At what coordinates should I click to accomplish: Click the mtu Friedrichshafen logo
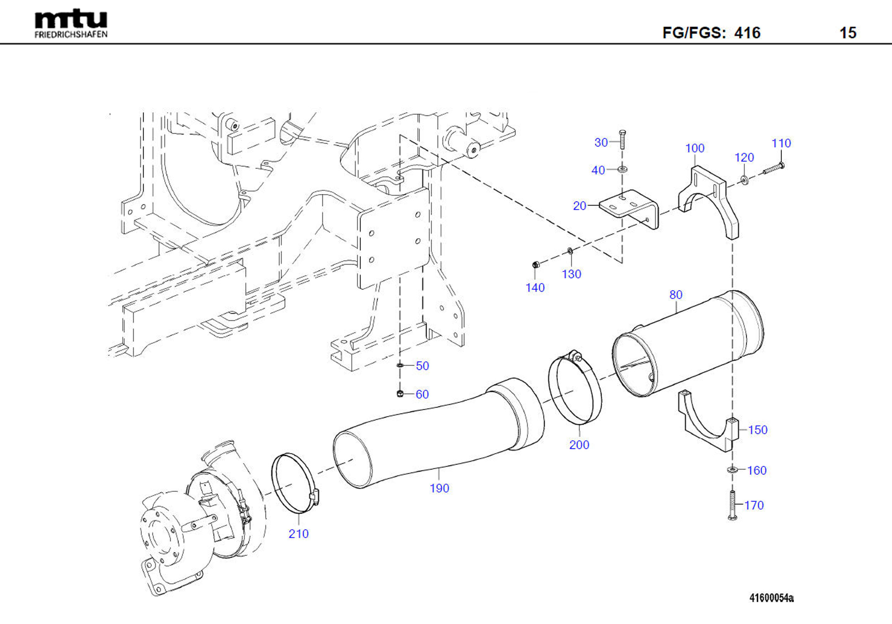[71, 24]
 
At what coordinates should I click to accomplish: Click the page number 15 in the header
[848, 33]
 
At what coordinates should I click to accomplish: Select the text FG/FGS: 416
[711, 33]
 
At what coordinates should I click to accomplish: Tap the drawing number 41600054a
[771, 598]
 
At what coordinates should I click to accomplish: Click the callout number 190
[439, 488]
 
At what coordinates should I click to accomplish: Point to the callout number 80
[676, 295]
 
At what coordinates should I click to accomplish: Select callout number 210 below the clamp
[298, 534]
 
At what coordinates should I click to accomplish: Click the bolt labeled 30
[622, 139]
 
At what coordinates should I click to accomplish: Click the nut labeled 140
[535, 265]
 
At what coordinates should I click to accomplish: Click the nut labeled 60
[399, 394]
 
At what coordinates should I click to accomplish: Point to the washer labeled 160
[732, 470]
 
